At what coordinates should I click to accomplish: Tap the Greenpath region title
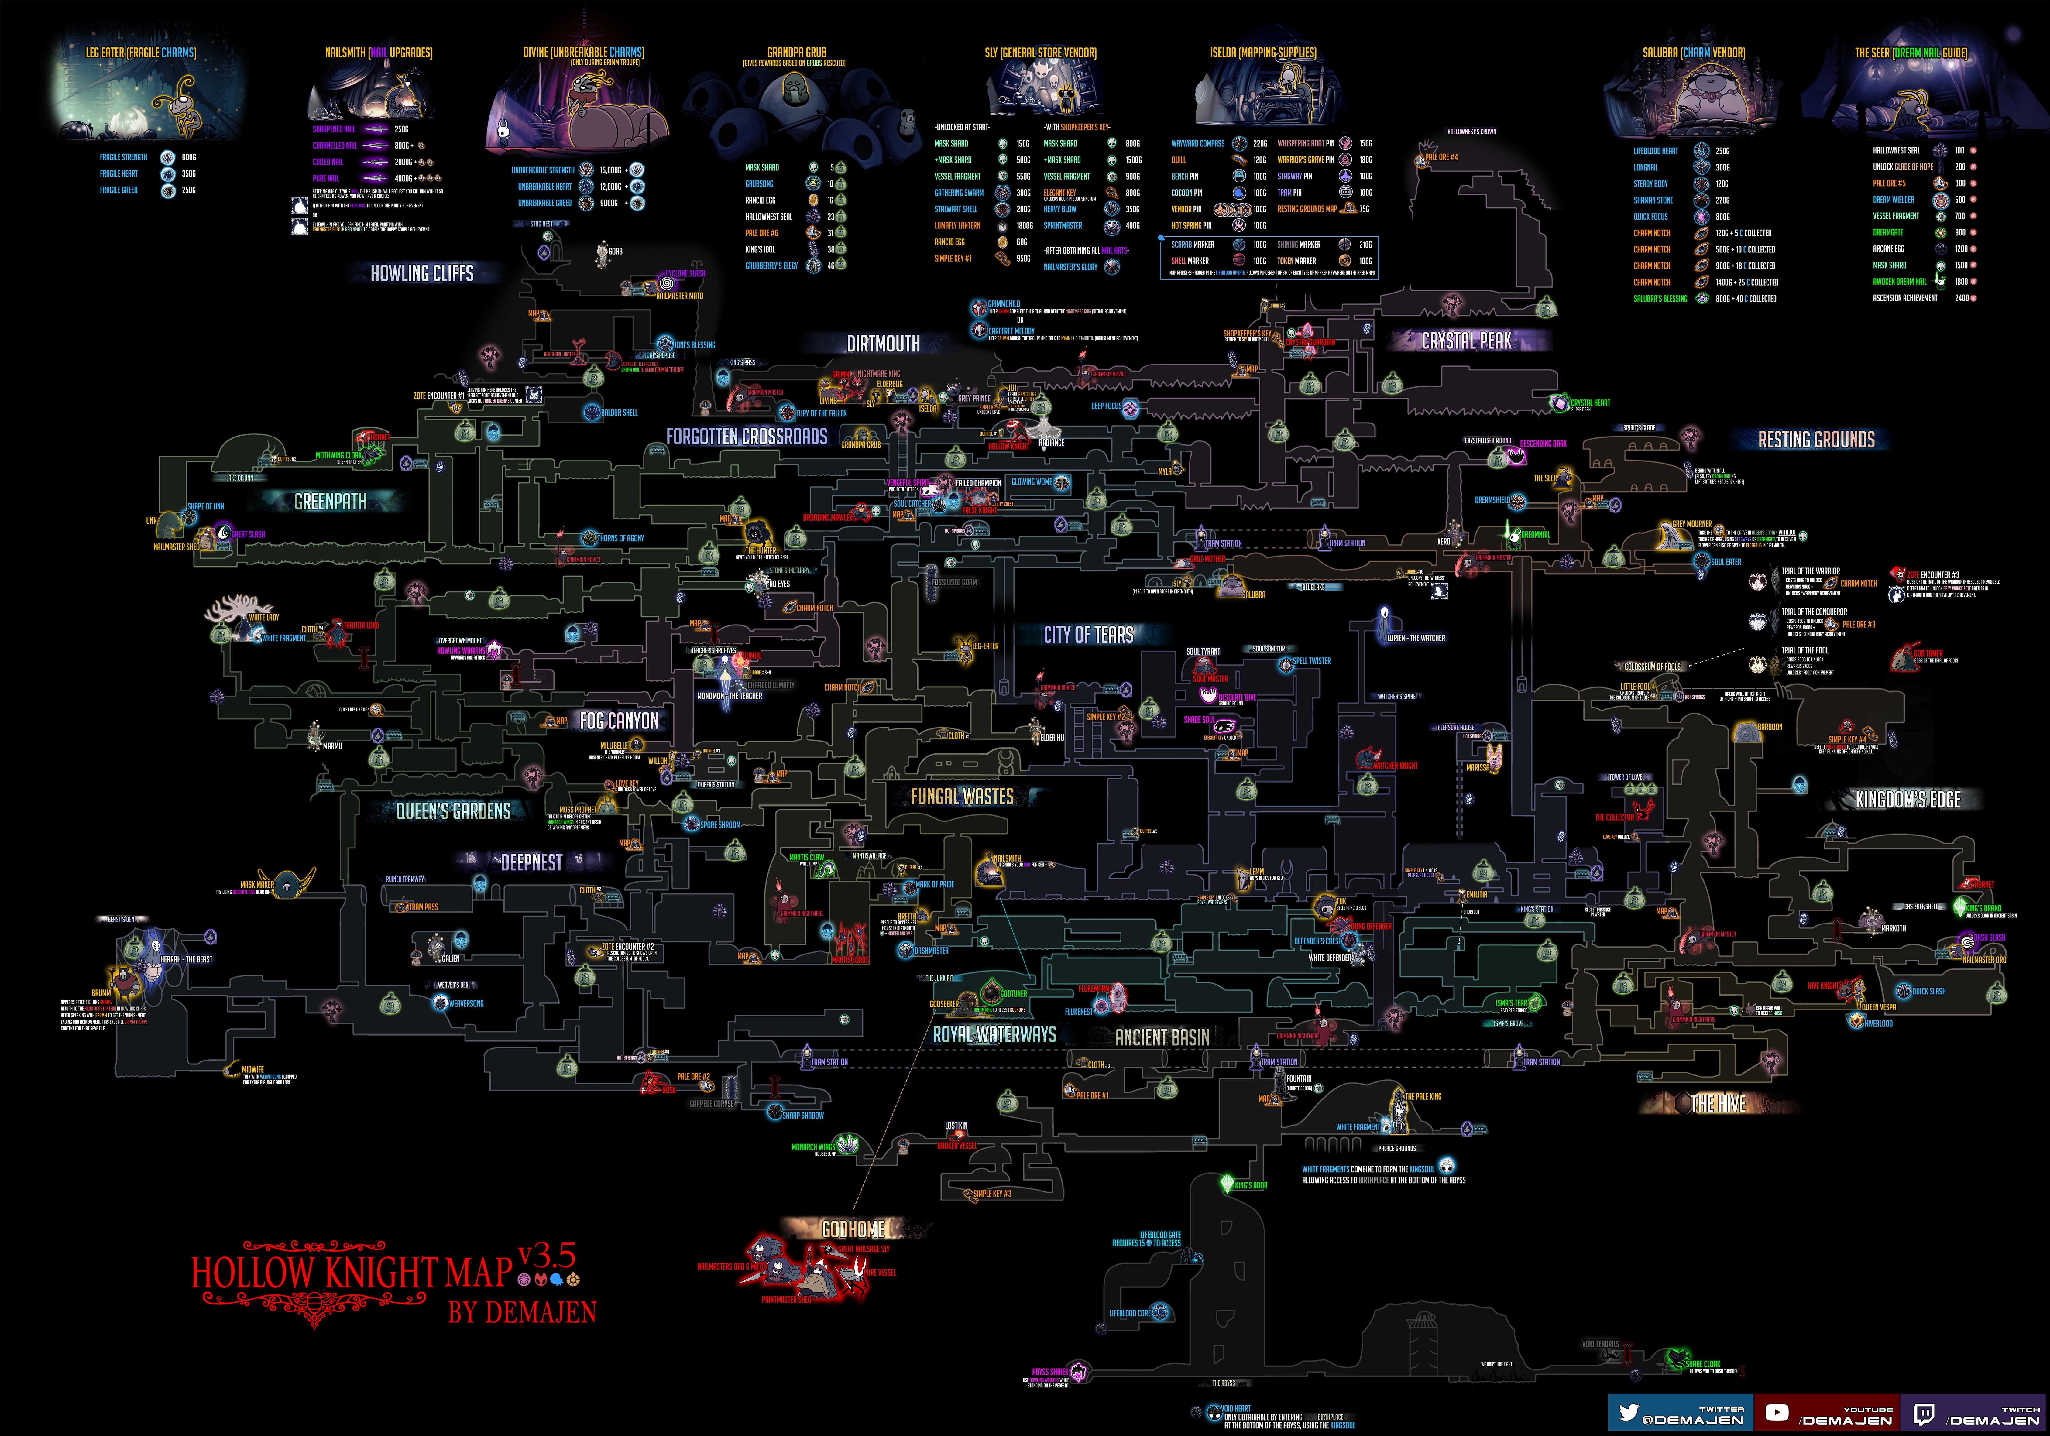330,502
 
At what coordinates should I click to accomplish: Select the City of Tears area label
1088,635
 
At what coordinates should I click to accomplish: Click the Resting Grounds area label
1816,439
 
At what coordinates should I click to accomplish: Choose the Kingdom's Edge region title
1908,800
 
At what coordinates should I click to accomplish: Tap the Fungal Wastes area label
962,796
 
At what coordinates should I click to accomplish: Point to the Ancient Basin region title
1162,1037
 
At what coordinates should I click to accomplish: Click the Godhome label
853,1229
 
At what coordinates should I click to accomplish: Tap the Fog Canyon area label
619,720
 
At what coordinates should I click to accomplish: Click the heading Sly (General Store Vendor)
1040,53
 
